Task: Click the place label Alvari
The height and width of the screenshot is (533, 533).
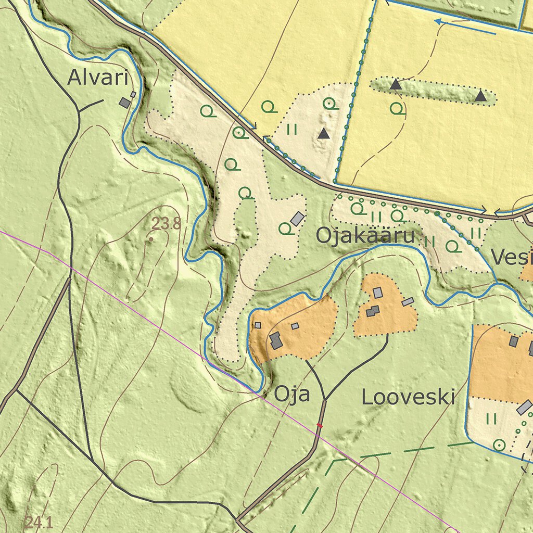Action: (98, 78)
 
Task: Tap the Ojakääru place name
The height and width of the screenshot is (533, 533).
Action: (365, 236)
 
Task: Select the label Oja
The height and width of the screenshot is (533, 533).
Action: (292, 394)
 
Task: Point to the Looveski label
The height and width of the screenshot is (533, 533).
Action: (408, 397)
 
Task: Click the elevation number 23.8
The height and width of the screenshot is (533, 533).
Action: (167, 224)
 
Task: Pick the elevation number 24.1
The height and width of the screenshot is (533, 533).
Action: (39, 522)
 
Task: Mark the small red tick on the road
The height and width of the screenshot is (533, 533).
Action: (320, 426)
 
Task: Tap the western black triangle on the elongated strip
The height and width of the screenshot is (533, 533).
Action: (396, 84)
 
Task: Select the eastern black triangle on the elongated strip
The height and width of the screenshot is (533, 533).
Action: (480, 96)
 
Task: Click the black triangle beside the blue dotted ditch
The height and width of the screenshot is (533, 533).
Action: (324, 133)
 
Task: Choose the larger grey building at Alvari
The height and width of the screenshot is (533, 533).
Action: (124, 103)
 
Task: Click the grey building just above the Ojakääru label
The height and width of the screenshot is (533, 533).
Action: (297, 219)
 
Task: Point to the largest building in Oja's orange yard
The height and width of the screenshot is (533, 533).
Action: (276, 341)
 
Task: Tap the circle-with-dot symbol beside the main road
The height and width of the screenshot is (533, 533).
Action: (239, 133)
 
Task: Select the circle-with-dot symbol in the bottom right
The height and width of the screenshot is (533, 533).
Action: (499, 445)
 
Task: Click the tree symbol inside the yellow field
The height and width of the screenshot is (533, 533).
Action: (397, 108)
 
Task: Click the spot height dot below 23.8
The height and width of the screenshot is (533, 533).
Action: (151, 239)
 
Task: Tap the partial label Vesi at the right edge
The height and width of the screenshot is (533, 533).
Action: (512, 257)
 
